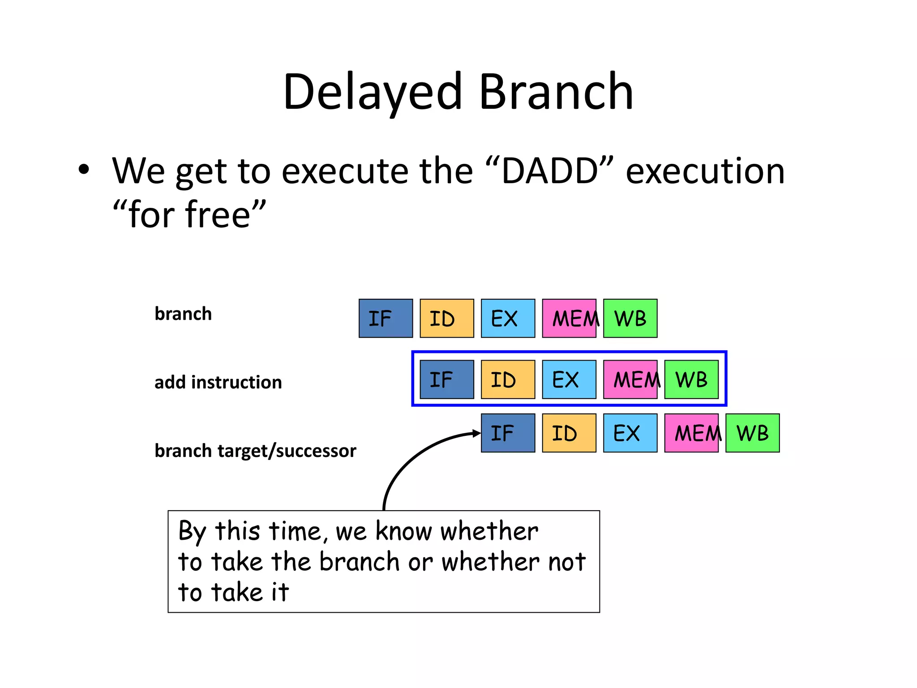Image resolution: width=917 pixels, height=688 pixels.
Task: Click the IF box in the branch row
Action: (x=386, y=318)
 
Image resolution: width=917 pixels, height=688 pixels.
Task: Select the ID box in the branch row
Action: (x=446, y=318)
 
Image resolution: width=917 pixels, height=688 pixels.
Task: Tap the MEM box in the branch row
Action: (x=569, y=318)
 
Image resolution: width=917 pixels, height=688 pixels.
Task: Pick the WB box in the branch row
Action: (x=630, y=318)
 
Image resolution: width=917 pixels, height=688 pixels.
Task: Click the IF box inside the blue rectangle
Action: (x=446, y=379)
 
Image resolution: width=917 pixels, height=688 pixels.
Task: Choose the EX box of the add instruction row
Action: (x=569, y=379)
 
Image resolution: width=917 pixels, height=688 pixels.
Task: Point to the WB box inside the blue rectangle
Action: (x=691, y=379)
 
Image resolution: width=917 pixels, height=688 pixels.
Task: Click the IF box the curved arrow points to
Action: (x=508, y=433)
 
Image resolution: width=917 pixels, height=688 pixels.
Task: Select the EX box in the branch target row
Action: (x=630, y=433)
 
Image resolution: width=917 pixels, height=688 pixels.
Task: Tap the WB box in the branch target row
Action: (x=752, y=433)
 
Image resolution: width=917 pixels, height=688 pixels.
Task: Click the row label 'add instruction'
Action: (x=218, y=383)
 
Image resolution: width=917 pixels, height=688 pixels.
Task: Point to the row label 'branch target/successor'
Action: (x=255, y=451)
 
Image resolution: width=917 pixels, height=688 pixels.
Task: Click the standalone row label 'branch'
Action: (x=183, y=314)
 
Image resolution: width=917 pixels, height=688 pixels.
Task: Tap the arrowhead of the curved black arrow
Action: (x=477, y=433)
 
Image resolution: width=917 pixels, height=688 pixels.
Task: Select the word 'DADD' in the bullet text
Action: (x=549, y=171)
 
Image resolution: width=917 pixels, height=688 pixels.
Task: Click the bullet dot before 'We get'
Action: (x=84, y=170)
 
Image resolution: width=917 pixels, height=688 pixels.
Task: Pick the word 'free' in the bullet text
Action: (x=218, y=215)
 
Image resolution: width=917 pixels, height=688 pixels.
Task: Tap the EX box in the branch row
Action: (x=508, y=318)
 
